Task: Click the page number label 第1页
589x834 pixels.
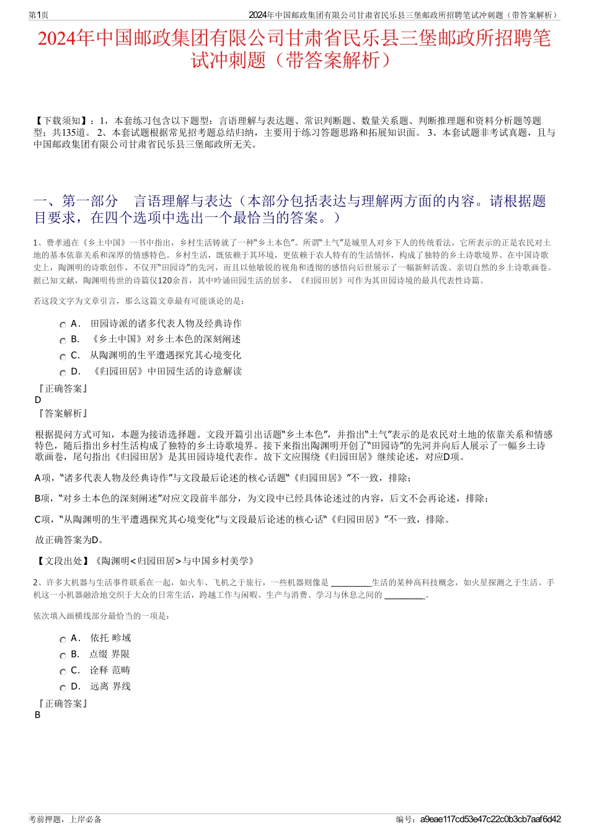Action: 38,15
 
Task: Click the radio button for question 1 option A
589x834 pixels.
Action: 63,325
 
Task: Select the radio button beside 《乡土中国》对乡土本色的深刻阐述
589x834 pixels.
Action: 63,341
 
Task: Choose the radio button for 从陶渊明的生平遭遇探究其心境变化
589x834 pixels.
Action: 63,357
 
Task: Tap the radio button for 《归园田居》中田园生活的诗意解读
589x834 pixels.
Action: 63,373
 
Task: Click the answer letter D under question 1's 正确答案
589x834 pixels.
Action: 38,400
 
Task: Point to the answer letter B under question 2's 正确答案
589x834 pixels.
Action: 38,715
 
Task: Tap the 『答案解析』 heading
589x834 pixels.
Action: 62,414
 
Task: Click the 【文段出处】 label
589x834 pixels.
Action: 62,561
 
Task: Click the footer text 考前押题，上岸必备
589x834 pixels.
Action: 65,819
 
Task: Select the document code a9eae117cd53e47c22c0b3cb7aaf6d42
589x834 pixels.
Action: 490,819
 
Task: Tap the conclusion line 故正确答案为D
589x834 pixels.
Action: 69,540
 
